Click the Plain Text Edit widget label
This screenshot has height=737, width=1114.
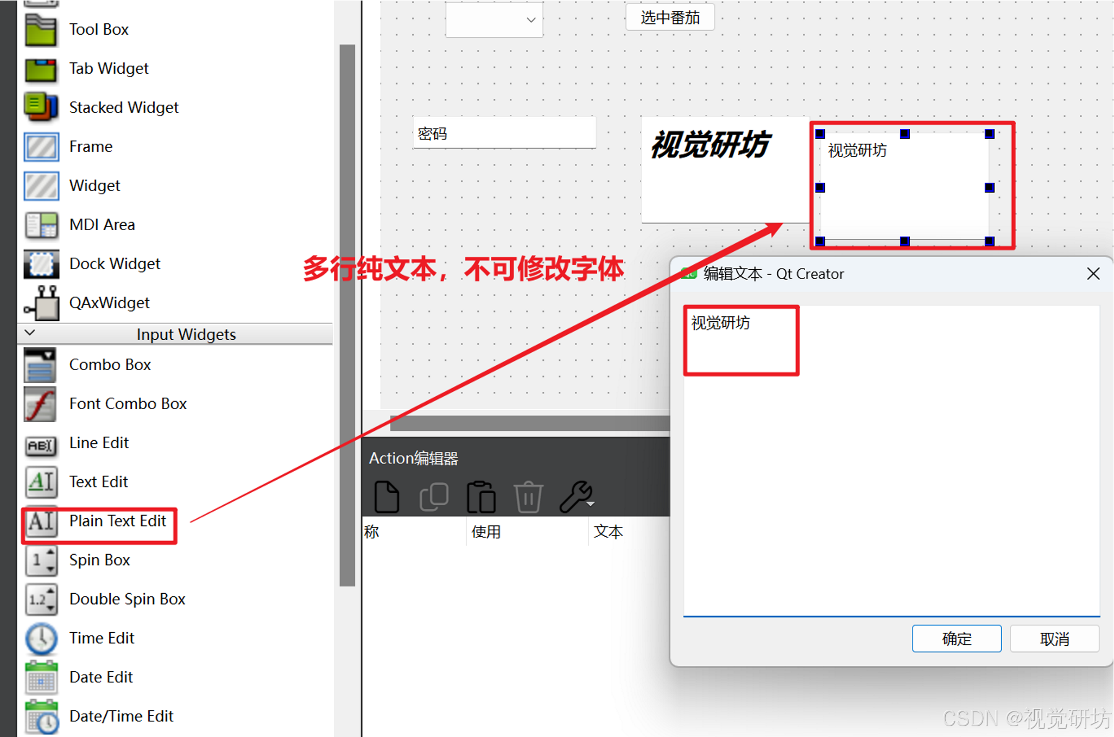[117, 521]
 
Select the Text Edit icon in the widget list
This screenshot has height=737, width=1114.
[41, 482]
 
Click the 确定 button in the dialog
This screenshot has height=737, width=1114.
[956, 638]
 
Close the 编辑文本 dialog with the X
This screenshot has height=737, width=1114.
[1093, 274]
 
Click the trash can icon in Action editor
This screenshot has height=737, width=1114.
[528, 497]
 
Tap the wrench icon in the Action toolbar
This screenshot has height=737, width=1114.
[577, 497]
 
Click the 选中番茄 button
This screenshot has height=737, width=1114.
[669, 18]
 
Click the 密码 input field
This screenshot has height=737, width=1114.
[504, 134]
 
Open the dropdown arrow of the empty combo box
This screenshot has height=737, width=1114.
[531, 20]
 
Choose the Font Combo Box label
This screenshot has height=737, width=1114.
[128, 404]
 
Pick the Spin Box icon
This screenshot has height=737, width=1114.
[41, 560]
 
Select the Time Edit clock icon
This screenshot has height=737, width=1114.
[41, 638]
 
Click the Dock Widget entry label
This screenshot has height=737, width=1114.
[115, 264]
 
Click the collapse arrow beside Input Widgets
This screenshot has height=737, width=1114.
[30, 333]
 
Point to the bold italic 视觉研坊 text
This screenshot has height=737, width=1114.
[710, 145]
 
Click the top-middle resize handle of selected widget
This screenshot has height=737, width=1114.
[904, 134]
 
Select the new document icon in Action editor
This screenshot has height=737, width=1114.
[387, 497]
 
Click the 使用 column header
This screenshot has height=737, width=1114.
[486, 532]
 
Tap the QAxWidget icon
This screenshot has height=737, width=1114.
[41, 303]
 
